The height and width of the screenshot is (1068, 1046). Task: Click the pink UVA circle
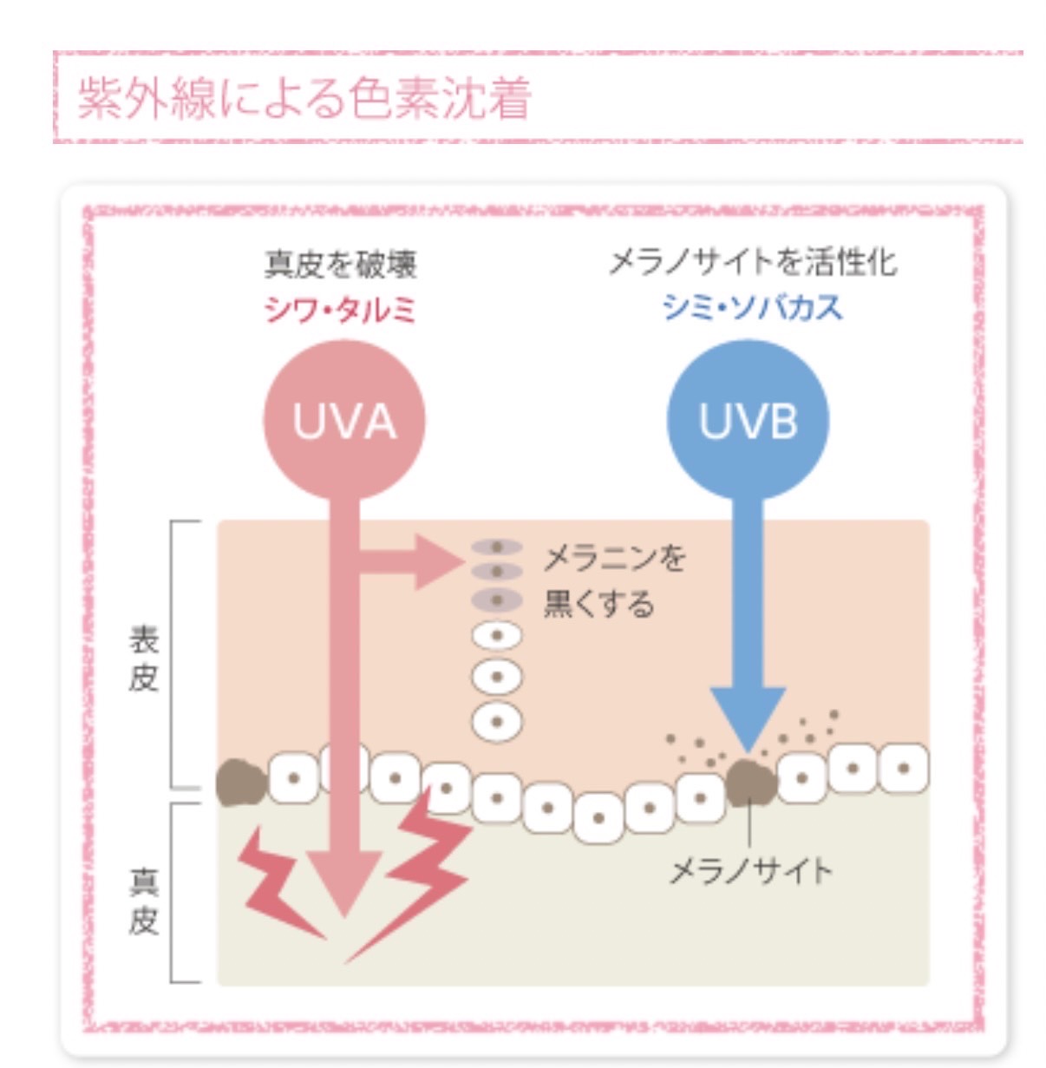click(x=344, y=421)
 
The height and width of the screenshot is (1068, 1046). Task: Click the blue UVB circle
click(x=748, y=421)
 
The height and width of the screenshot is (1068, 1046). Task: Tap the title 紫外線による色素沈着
click(x=304, y=98)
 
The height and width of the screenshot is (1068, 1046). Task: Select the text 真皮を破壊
click(x=341, y=265)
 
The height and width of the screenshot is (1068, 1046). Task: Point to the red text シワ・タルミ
click(x=341, y=309)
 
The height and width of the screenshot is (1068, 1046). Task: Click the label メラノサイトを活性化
click(x=752, y=262)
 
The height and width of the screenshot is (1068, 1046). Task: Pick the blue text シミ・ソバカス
click(x=752, y=307)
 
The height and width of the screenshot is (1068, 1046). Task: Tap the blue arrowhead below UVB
click(x=748, y=716)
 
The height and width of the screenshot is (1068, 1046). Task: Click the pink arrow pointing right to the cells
click(x=416, y=562)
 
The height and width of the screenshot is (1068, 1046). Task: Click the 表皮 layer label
click(x=144, y=659)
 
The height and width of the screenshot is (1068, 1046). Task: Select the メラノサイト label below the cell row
click(x=751, y=870)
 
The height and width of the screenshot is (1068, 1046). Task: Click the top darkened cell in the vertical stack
click(x=497, y=547)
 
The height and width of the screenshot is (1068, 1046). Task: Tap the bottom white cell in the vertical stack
click(x=497, y=721)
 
